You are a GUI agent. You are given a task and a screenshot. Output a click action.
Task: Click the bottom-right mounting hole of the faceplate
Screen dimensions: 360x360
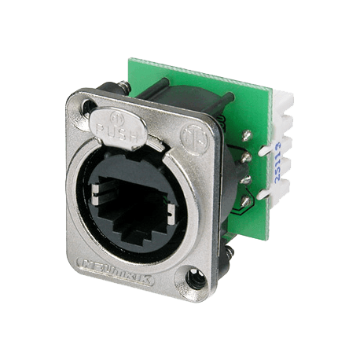coord(197,277)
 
